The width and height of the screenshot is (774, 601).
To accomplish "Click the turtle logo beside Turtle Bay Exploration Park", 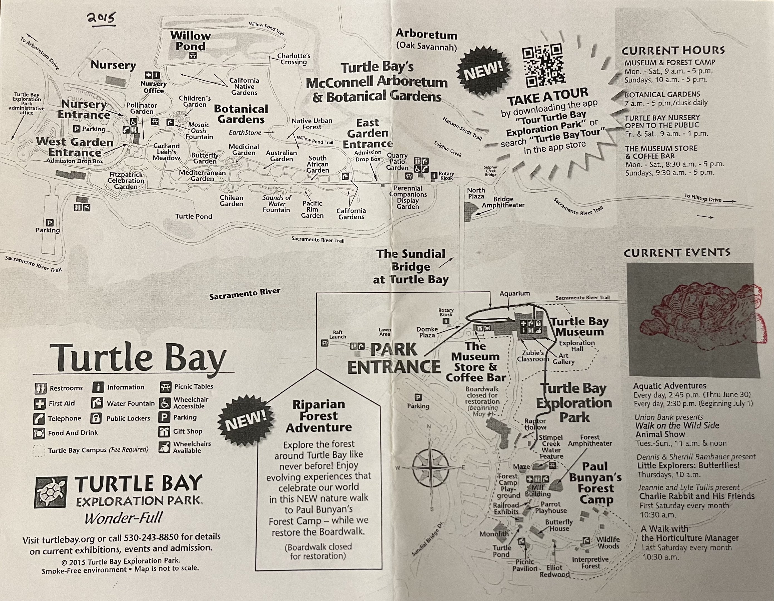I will pos(50,492).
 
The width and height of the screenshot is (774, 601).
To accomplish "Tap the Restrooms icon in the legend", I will pos(41,388).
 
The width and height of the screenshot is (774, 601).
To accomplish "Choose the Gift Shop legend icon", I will pos(164,432).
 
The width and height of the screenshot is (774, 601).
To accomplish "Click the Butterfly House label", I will pos(559,525).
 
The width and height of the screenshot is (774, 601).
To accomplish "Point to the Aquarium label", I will pos(515,294).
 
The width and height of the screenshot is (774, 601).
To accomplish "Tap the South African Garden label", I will pos(317,164).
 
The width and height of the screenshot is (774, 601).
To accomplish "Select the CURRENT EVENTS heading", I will pos(677,253).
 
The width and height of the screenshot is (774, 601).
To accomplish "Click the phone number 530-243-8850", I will pos(151,537).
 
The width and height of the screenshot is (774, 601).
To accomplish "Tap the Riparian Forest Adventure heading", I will pos(319,416).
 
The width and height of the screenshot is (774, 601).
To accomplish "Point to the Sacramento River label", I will pos(245,294).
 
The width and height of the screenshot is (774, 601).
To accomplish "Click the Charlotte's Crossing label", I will pos(294,59).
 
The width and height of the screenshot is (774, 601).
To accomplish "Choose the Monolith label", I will pos(494,534).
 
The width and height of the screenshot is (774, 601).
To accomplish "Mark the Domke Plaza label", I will pos(427,332).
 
